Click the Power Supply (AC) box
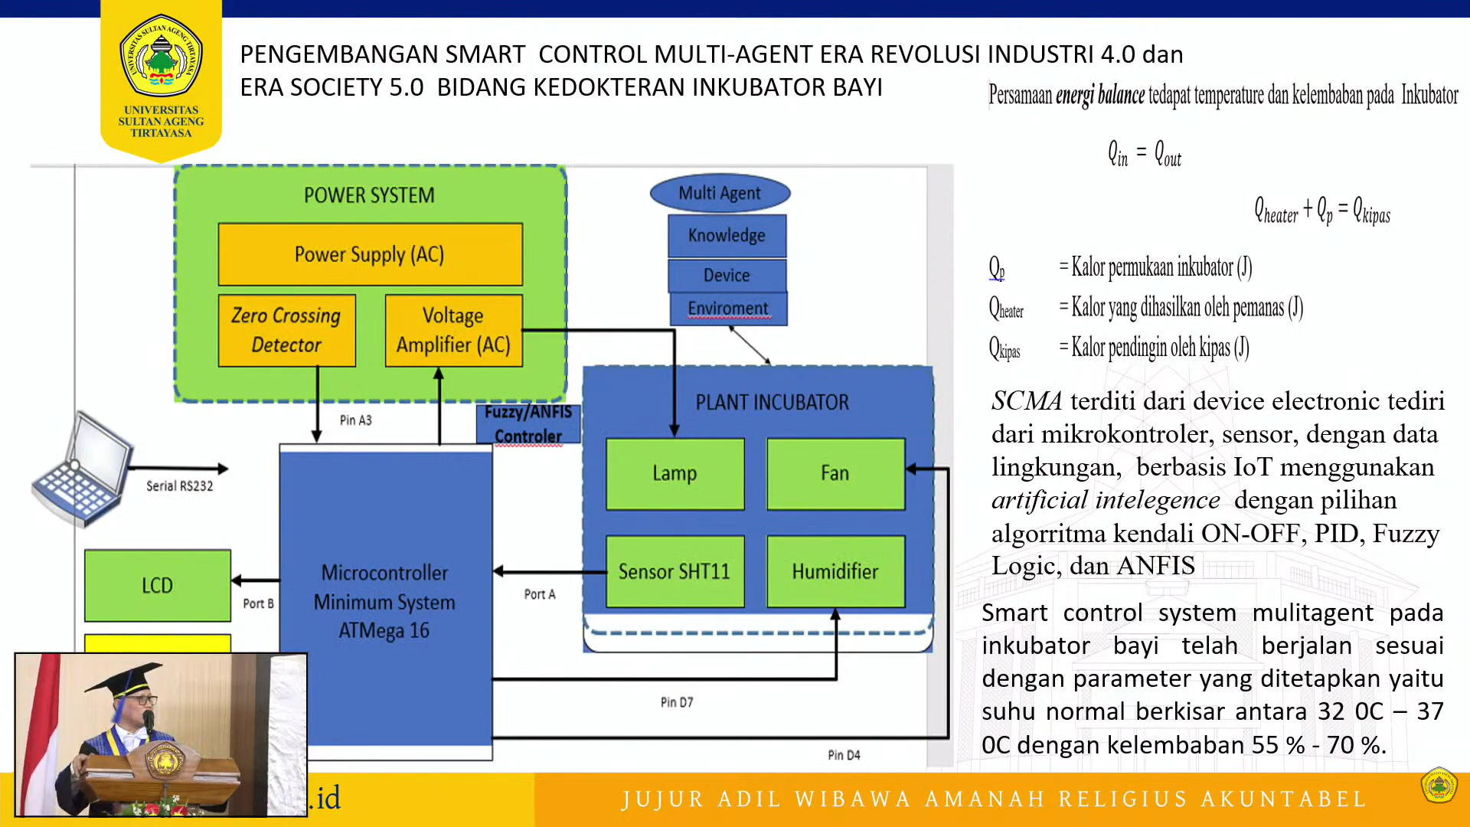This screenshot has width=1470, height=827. (x=370, y=254)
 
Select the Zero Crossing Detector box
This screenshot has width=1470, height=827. (x=286, y=330)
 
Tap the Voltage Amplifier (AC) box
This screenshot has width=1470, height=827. (x=453, y=330)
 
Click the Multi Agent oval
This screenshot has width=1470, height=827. (x=720, y=193)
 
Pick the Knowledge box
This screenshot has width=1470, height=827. (x=727, y=235)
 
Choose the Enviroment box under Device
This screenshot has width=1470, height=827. (x=728, y=309)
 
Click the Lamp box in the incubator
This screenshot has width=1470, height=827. (x=675, y=473)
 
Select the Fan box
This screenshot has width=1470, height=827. (x=835, y=473)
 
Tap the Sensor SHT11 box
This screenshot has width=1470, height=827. (x=675, y=571)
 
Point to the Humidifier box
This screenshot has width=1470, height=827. (x=835, y=571)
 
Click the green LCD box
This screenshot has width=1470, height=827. (x=157, y=585)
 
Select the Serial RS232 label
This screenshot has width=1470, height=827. (x=180, y=486)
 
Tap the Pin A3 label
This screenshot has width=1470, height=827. (x=355, y=420)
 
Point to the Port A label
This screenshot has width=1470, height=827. (x=540, y=594)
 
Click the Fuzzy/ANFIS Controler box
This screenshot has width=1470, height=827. (x=528, y=424)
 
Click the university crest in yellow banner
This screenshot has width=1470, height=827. (x=161, y=55)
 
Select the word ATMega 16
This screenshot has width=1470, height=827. (x=384, y=631)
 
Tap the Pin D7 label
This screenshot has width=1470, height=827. (x=677, y=702)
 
